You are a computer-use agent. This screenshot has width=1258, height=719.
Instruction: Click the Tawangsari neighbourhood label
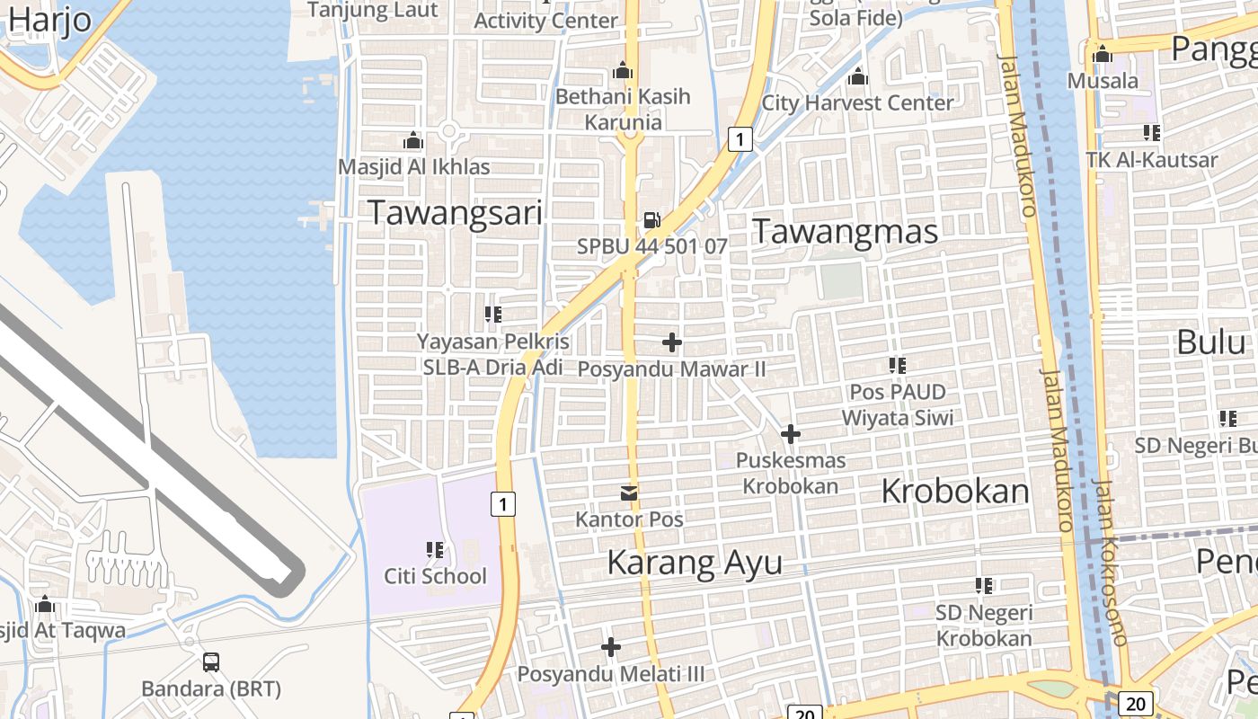(x=456, y=213)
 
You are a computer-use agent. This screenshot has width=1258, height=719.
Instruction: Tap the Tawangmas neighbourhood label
(x=845, y=231)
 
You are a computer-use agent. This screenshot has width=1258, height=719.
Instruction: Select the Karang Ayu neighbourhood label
(x=695, y=563)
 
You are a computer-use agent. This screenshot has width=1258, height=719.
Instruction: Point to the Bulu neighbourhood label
(x=1212, y=342)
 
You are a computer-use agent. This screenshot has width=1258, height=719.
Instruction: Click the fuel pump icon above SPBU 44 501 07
(x=651, y=220)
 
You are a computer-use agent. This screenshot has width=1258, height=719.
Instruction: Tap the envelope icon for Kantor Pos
(x=629, y=493)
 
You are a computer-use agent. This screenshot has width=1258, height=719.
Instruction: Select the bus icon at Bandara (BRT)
(x=211, y=662)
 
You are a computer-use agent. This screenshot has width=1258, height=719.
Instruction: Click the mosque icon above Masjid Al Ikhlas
(x=413, y=140)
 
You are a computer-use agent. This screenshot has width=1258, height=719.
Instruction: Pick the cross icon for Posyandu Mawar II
(x=671, y=342)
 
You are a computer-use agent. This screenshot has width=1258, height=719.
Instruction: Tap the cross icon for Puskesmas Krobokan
(x=791, y=435)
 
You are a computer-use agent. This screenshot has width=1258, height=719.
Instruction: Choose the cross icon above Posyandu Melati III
(x=611, y=647)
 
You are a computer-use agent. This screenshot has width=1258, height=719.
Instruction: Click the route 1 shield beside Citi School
(x=503, y=505)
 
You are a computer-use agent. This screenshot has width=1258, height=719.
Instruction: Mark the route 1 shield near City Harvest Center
(x=740, y=139)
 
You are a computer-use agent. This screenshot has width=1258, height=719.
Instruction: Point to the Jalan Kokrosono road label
(x=1111, y=562)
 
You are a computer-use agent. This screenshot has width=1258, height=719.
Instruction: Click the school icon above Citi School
(x=435, y=549)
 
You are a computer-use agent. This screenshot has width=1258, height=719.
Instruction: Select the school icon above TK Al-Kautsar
(x=1151, y=133)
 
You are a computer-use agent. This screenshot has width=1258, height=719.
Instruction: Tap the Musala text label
(x=1103, y=81)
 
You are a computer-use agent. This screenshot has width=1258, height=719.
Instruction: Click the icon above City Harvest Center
(x=858, y=76)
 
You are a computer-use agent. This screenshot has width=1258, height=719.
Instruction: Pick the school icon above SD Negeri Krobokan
(x=984, y=586)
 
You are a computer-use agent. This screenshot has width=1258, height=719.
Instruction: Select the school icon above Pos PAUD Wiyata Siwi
(x=897, y=366)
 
